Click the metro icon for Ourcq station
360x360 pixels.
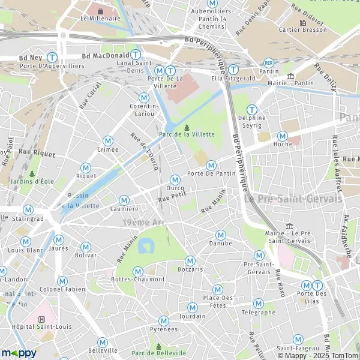click(175, 179)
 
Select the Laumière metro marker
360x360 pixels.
click(124, 200)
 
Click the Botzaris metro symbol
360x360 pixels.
click(190, 260)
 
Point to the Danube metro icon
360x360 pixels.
click(220, 235)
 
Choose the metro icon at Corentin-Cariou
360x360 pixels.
click(143, 97)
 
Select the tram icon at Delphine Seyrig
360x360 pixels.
click(252, 110)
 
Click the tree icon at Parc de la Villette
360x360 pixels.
click(187, 127)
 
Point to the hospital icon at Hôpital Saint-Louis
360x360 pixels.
click(41, 320)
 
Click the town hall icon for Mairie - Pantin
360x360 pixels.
click(291, 76)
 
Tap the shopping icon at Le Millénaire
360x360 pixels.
click(100, 10)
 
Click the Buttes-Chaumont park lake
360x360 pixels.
click(145, 245)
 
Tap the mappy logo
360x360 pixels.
click(20, 353)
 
